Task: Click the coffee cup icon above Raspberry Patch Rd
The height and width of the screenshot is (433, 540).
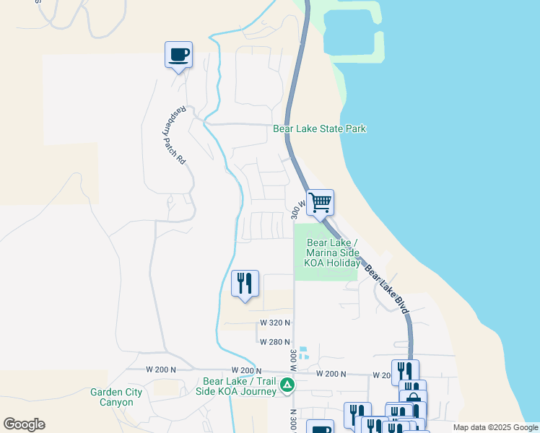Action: pyautogui.click(x=178, y=54)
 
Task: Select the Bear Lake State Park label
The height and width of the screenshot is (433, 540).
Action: pyautogui.click(x=319, y=129)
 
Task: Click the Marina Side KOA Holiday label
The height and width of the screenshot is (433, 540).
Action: pyautogui.click(x=333, y=253)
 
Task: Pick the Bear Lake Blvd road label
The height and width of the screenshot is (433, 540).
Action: pyautogui.click(x=387, y=290)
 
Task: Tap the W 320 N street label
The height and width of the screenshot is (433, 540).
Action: pyautogui.click(x=275, y=323)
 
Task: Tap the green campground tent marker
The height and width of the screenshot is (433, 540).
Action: pyautogui.click(x=287, y=385)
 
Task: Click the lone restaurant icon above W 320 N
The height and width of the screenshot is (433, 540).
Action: pyautogui.click(x=245, y=283)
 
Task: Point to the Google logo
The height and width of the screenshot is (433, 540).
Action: pyautogui.click(x=24, y=424)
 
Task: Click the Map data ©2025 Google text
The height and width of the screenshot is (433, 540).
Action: pyautogui.click(x=495, y=427)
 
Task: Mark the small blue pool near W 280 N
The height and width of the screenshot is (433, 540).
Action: pyautogui.click(x=304, y=353)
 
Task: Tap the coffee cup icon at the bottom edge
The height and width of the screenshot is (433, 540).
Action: pyautogui.click(x=320, y=428)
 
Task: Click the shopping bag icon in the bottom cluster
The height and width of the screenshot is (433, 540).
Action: pyautogui.click(x=413, y=397)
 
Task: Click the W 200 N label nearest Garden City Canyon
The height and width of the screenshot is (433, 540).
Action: pyautogui.click(x=161, y=369)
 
